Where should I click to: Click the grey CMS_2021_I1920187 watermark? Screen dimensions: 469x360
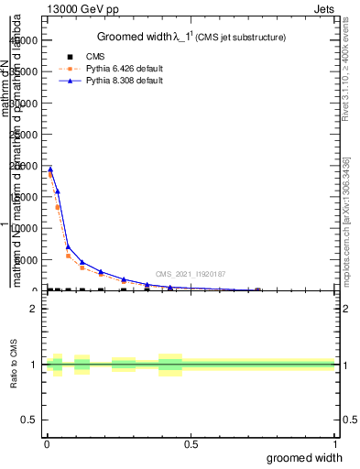(x=191, y=274)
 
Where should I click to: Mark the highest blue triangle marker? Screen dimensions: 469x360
(x=50, y=169)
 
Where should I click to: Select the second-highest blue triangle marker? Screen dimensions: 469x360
(x=58, y=191)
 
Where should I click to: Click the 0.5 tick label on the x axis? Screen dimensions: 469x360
(x=191, y=444)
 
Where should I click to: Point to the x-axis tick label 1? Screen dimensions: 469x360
(x=334, y=444)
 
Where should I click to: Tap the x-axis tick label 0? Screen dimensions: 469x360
(x=47, y=444)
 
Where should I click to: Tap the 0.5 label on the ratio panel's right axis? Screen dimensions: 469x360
(x=347, y=420)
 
